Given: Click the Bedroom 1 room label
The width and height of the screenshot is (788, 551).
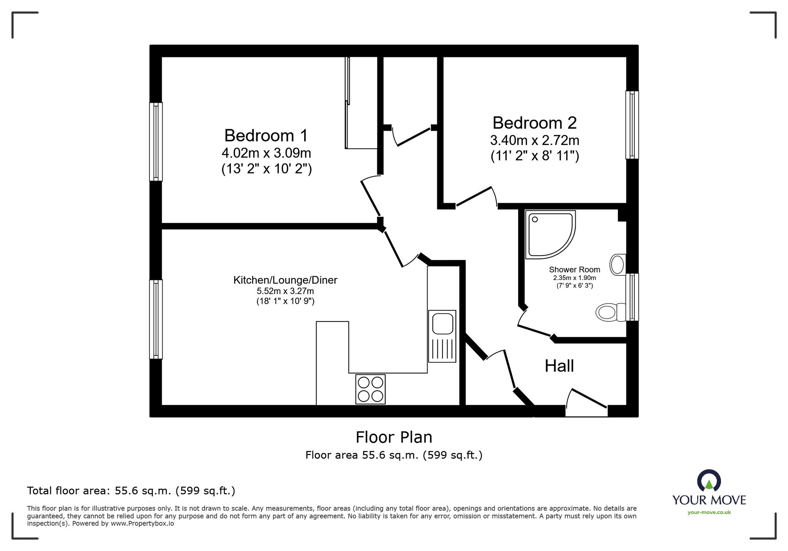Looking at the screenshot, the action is pos(266,135).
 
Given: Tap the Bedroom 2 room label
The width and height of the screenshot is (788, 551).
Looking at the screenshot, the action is pos(535,123).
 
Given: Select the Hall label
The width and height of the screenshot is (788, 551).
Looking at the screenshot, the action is pos(559,366).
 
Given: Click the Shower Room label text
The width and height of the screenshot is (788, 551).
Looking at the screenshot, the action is pos(574,270).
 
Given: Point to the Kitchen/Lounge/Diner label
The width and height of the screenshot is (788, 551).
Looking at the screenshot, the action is pos(285,280).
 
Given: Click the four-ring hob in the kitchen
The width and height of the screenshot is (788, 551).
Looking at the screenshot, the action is pos(370,389).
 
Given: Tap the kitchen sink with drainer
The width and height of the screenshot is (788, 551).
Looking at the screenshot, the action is pos(442,336).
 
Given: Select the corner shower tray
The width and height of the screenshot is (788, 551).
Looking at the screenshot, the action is pos(550,235).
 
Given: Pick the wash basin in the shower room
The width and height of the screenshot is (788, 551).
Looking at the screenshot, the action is pos(618,264).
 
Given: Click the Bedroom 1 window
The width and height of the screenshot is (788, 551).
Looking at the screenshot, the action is pos(156,142).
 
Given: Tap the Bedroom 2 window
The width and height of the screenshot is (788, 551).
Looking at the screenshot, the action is pos(632,125).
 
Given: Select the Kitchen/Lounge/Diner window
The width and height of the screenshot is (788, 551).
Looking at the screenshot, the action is pos(156,319).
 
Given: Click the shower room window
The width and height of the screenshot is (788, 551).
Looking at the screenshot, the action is pos(632,297).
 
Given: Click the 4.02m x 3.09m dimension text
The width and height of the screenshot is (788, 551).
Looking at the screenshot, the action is pos(266,152).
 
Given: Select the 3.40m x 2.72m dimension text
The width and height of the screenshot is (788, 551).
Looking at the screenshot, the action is pos(535,140).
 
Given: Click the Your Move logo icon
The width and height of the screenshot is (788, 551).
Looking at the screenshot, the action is pos(709,481).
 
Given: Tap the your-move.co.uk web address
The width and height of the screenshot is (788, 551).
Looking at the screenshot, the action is pos(709,512).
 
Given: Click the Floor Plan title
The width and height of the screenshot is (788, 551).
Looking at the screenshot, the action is pos(394,437).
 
